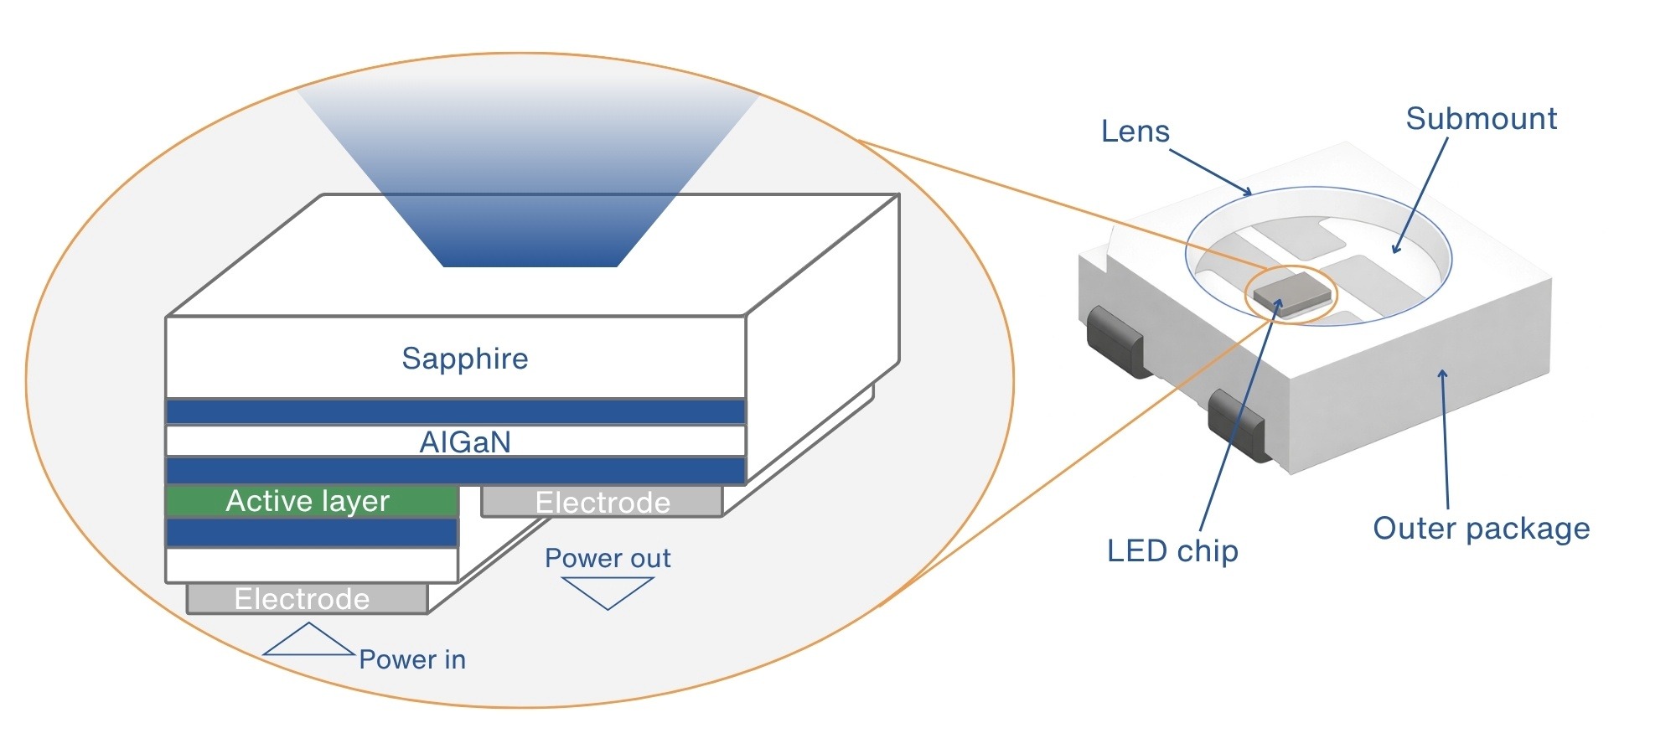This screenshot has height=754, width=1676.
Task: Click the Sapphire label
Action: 465,359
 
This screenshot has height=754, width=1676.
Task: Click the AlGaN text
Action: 465,442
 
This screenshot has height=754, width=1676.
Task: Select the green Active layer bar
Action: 312,501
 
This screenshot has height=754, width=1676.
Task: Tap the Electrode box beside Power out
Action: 602,502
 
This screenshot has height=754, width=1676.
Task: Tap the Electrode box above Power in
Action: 307,599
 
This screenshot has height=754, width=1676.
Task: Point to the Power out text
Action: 608,558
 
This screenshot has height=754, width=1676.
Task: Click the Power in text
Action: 412,659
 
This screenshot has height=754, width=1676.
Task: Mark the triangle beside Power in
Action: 308,641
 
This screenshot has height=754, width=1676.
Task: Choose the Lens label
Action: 1135,132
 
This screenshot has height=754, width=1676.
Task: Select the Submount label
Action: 1481,119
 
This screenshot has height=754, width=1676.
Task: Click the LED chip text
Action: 1172,550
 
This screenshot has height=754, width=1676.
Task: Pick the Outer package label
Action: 1481,529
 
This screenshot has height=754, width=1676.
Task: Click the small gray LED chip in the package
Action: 1291,293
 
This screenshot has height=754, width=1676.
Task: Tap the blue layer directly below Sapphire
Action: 455,412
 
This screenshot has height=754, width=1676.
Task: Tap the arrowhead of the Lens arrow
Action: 1249,194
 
